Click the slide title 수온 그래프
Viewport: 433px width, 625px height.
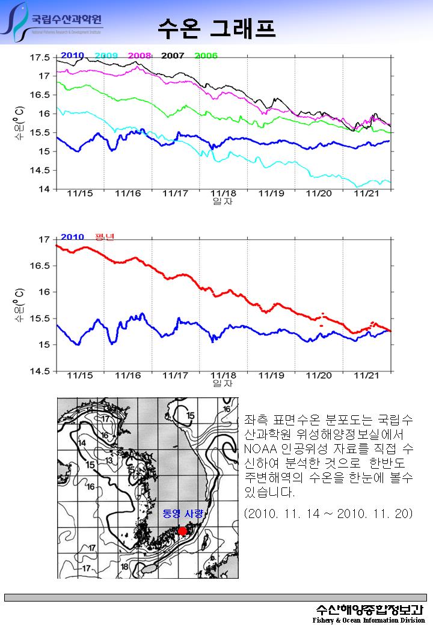pyautogui.click(x=216, y=27)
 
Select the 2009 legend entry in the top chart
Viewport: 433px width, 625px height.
pyautogui.click(x=106, y=55)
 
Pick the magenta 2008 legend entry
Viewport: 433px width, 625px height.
pyautogui.click(x=139, y=55)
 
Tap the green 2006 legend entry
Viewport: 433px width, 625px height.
pyautogui.click(x=206, y=55)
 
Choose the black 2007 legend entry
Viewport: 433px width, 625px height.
pyautogui.click(x=173, y=55)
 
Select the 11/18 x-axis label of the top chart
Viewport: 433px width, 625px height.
pyautogui.click(x=223, y=194)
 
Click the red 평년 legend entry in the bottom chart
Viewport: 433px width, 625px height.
pyautogui.click(x=104, y=236)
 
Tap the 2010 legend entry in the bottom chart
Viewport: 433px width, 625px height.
pyautogui.click(x=72, y=237)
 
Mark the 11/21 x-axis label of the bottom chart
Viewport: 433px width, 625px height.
pyautogui.click(x=366, y=376)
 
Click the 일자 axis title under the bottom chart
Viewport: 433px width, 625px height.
pyautogui.click(x=223, y=383)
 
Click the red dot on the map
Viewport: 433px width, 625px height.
pyautogui.click(x=183, y=531)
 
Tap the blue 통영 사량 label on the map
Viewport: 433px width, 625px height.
pyautogui.click(x=183, y=514)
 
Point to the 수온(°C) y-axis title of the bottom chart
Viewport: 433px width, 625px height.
pyautogui.click(x=20, y=303)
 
